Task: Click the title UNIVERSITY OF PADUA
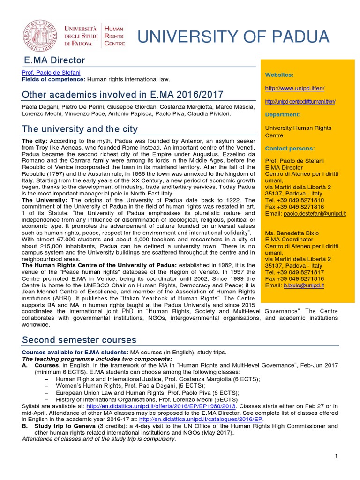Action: click(x=232, y=37)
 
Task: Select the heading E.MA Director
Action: click(x=55, y=60)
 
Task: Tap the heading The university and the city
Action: click(x=80, y=128)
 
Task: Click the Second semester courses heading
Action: click(x=79, y=340)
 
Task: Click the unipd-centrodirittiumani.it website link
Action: click(x=300, y=101)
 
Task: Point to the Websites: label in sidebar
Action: click(x=279, y=75)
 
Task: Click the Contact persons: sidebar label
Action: click(x=290, y=148)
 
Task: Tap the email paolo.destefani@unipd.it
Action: click(x=315, y=213)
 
